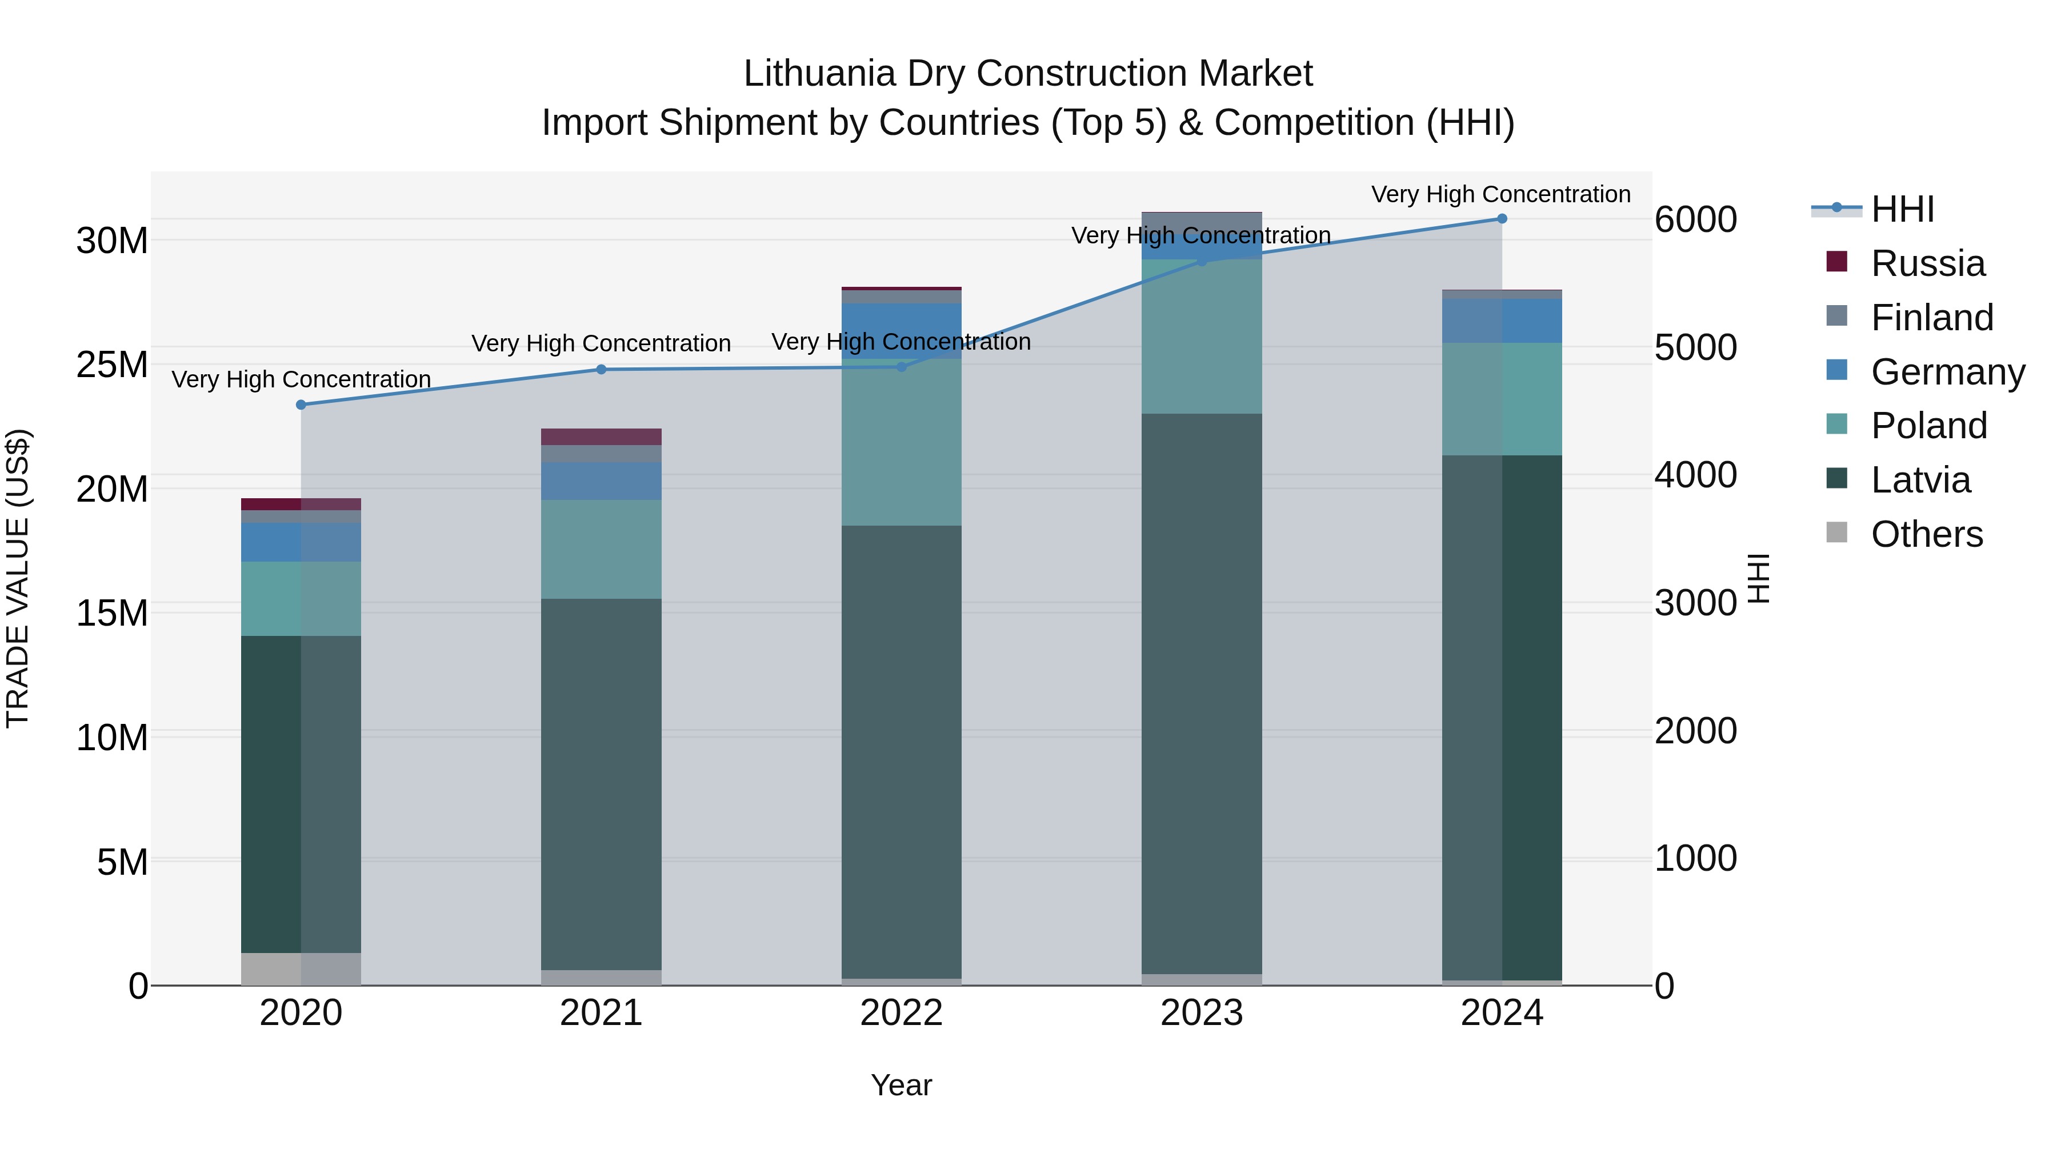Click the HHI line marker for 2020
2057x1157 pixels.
tap(301, 405)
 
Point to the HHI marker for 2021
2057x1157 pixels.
tap(601, 370)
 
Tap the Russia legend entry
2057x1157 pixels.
tap(1927, 263)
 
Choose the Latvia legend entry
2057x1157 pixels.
tap(1920, 480)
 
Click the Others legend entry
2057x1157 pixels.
tap(1926, 534)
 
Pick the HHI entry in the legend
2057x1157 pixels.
tap(1902, 209)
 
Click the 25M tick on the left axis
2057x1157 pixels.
tap(112, 365)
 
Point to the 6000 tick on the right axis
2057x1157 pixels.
tap(1695, 219)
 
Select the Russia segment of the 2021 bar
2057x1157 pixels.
tap(601, 437)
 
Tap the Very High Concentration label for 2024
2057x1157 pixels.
tap(1500, 195)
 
